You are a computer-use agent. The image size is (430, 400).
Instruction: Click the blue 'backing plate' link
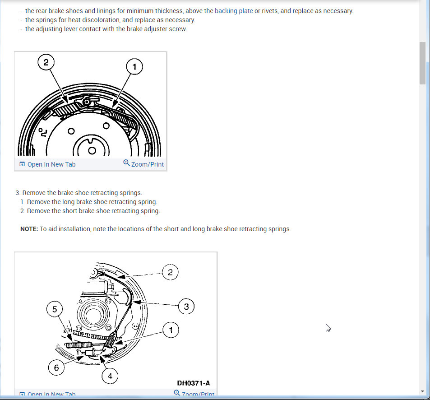[234, 11]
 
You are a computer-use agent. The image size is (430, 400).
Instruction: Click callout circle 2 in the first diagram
[46, 63]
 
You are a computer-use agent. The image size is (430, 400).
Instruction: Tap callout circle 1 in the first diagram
[134, 67]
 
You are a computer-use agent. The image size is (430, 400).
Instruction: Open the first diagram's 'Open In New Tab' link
[47, 164]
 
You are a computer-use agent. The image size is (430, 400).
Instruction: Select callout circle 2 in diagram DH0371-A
[170, 272]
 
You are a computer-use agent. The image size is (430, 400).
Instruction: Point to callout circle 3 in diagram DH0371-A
[186, 307]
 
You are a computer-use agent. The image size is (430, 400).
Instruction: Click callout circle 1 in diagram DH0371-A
[171, 330]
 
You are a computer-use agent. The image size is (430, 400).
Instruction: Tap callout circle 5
[55, 309]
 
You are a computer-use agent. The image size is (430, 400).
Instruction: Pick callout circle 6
[56, 367]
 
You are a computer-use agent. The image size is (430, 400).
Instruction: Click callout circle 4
[110, 375]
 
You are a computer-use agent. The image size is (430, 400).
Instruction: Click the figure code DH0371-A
[194, 383]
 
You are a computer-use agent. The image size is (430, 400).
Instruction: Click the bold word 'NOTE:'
[29, 229]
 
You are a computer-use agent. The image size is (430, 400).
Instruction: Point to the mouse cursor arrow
[328, 328]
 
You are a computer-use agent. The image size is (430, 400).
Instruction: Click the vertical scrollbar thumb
[422, 63]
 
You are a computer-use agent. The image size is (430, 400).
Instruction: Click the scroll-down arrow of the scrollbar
[422, 391]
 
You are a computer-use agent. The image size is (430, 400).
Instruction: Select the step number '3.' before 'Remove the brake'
[18, 193]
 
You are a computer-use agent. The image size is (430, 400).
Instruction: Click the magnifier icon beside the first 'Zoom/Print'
[126, 163]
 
